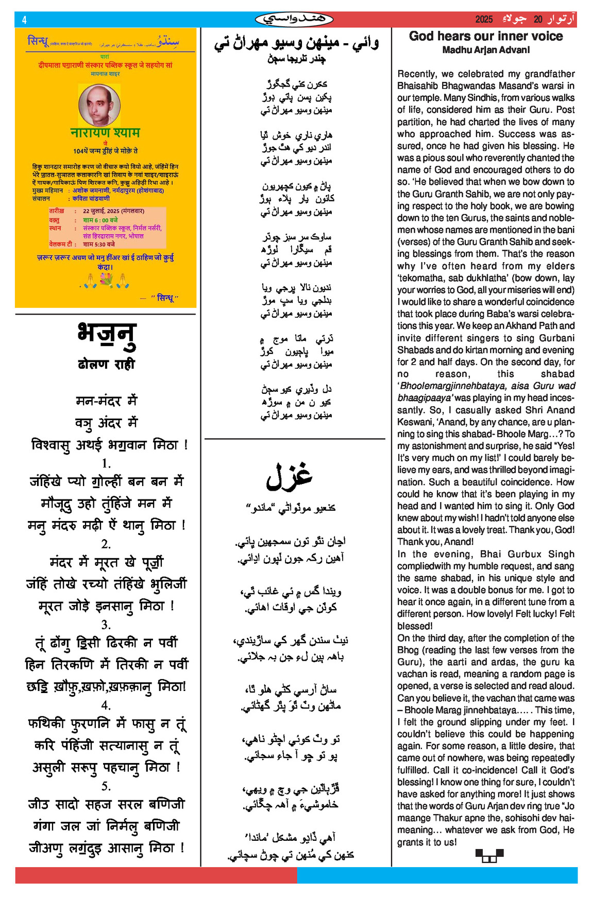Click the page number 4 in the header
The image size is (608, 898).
[24, 20]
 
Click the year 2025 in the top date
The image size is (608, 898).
[484, 20]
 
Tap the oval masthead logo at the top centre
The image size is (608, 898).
[294, 20]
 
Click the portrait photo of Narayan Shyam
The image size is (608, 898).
[99, 105]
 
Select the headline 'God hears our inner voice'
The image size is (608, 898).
[485, 36]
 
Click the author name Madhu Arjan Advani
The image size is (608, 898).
[485, 50]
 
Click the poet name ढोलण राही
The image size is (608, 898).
[106, 364]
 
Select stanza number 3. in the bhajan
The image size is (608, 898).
[106, 625]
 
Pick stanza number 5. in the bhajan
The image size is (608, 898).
[106, 786]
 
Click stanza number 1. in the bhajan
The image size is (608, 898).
[106, 463]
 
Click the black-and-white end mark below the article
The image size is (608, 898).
[489, 855]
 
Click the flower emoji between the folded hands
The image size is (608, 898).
[106, 280]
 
